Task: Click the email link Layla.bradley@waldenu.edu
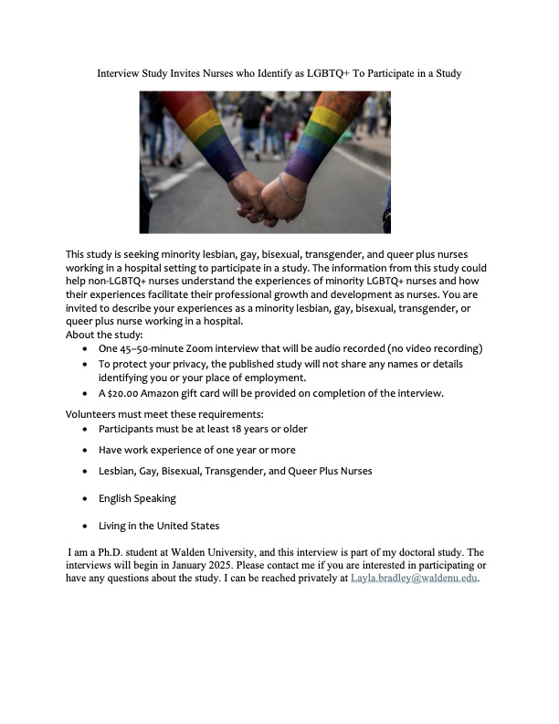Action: click(415, 579)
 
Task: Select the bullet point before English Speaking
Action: click(86, 499)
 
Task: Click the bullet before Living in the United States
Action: click(86, 527)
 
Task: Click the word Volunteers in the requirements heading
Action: click(93, 413)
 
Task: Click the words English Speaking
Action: click(137, 499)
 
